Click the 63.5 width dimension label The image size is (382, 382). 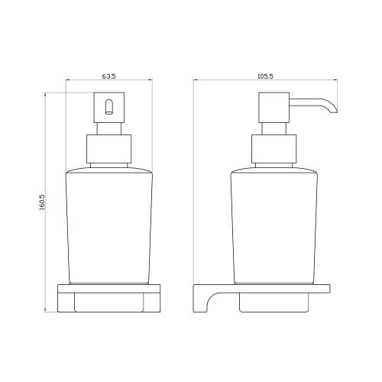coord(109,76)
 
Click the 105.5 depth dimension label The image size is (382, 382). coord(265,76)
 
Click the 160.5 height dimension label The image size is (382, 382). coord(42,202)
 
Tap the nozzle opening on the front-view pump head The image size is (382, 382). coord(108,107)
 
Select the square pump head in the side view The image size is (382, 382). coord(274,108)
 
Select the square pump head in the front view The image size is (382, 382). coord(109,108)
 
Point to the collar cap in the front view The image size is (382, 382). coord(109,149)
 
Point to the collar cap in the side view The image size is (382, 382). coord(274,149)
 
